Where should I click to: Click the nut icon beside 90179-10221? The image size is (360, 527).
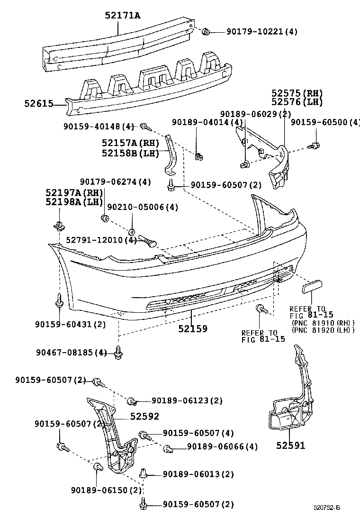[206, 32]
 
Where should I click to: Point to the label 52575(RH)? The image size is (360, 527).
[297, 93]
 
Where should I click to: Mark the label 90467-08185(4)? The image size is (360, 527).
[72, 352]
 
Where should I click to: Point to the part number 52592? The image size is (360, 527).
[144, 416]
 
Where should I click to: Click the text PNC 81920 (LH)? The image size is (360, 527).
[323, 330]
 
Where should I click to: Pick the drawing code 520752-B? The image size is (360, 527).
[326, 508]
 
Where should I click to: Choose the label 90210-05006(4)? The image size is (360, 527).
[136, 207]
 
